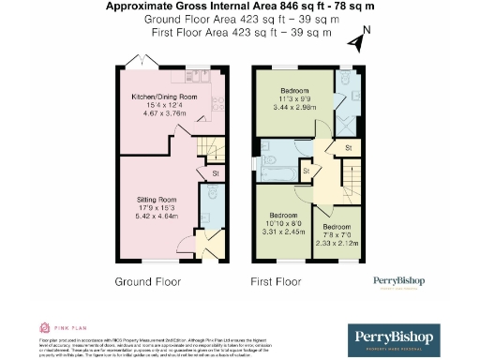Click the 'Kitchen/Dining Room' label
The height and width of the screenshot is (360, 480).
(x=164, y=96)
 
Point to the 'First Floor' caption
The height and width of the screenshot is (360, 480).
(x=276, y=281)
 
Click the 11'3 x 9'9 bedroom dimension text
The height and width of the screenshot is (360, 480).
(x=289, y=98)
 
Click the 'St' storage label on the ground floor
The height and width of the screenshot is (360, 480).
(x=215, y=173)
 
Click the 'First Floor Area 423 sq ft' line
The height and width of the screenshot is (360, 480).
(x=241, y=32)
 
